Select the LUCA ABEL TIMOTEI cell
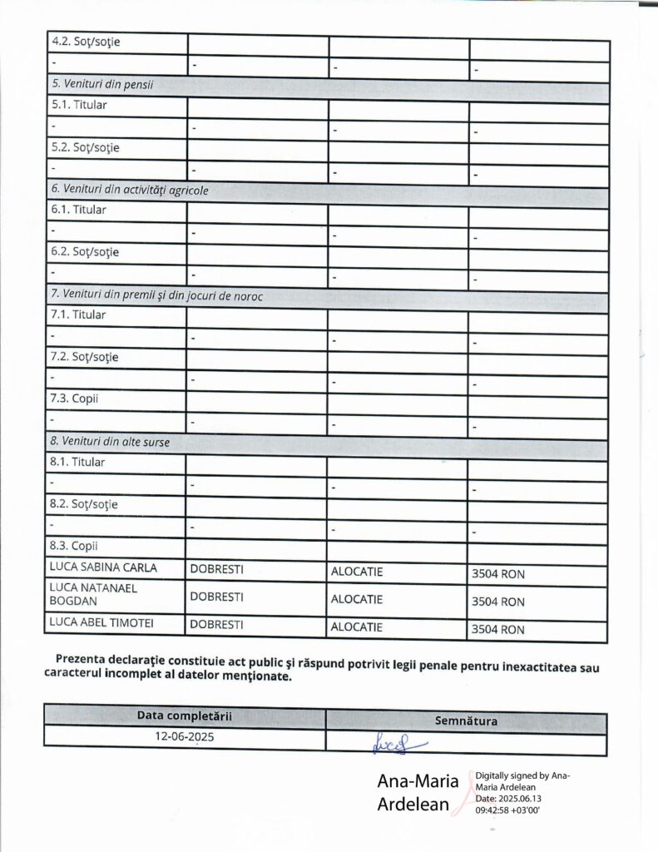(102, 622)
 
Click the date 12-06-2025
(185, 737)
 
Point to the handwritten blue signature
(401, 740)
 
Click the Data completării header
(185, 716)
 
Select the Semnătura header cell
(466, 721)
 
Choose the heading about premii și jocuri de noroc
(157, 296)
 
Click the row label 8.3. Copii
(74, 547)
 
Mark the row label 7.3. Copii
(74, 399)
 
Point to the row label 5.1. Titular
(78, 106)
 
